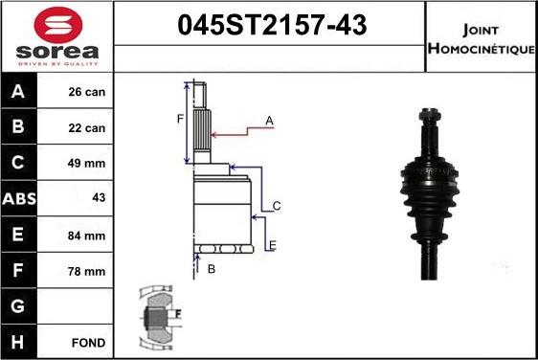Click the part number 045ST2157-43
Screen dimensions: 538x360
(x=272, y=25)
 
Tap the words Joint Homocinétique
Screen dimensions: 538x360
(x=482, y=39)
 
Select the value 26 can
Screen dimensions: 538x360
(x=86, y=92)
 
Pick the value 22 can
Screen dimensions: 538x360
(x=86, y=128)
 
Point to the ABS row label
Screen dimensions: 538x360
(x=19, y=199)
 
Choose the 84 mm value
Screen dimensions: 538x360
(x=86, y=236)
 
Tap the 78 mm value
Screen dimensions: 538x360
(x=86, y=272)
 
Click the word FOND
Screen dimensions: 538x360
(x=88, y=343)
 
